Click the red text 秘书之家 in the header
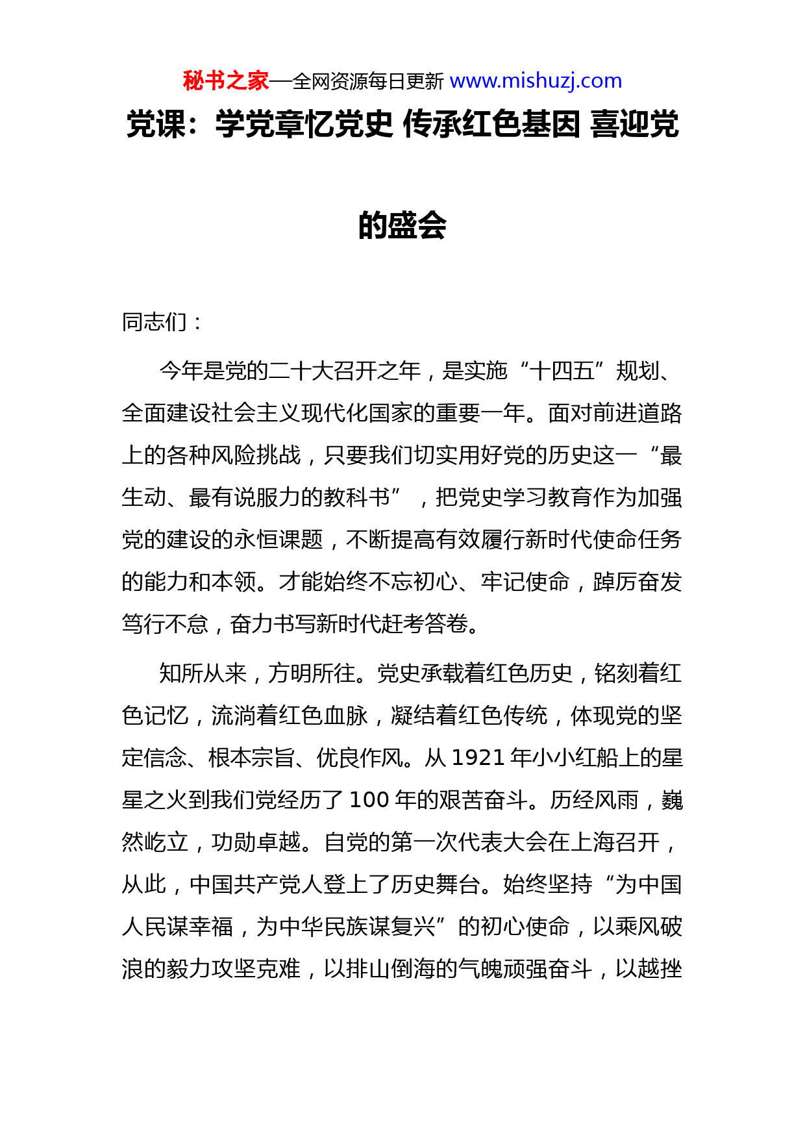[225, 81]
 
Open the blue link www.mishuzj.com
[536, 81]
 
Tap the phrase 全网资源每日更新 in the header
[368, 82]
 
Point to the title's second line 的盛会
[402, 225]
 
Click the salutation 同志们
[155, 322]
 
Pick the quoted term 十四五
[562, 371]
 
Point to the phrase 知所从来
[203, 673]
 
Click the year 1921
[478, 758]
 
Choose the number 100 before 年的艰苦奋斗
[369, 800]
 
